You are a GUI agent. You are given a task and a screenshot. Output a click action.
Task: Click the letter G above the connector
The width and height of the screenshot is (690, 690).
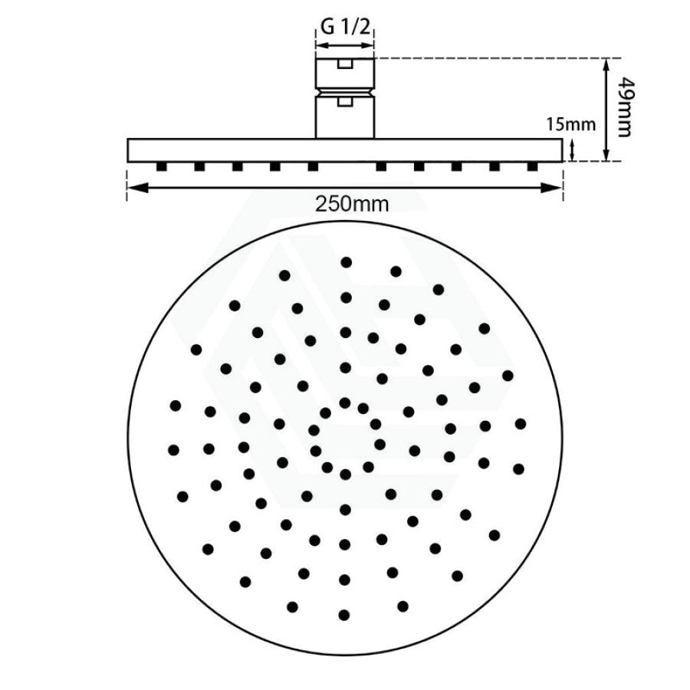click(327, 28)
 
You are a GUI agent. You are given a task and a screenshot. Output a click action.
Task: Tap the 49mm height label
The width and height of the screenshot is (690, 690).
click(624, 107)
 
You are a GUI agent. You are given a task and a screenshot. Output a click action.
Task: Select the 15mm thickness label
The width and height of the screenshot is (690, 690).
click(571, 124)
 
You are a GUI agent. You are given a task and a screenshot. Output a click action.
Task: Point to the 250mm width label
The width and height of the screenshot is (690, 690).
click(352, 204)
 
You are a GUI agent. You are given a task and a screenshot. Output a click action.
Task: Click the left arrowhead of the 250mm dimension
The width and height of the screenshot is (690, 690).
click(135, 188)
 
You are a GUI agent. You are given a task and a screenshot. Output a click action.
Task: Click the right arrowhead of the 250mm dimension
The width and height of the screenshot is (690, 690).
click(554, 188)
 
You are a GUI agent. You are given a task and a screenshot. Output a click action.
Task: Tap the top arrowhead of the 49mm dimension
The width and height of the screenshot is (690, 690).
click(606, 65)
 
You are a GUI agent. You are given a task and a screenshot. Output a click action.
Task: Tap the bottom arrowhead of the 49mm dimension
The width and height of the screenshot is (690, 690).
click(606, 154)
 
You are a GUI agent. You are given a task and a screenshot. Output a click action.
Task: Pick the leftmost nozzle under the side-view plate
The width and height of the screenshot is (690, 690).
click(162, 167)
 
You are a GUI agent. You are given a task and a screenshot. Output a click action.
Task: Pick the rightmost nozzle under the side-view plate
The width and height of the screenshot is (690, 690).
click(533, 167)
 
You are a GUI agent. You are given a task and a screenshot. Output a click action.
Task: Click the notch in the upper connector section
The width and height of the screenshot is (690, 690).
click(345, 64)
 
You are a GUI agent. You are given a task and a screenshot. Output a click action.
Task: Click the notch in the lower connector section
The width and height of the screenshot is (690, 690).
click(345, 102)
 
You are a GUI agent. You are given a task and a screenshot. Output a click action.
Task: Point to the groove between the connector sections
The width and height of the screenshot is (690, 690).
click(345, 92)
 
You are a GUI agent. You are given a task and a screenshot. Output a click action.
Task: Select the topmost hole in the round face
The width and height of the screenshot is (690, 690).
click(347, 263)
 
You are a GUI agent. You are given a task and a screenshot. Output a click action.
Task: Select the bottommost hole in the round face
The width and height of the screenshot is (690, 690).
click(344, 615)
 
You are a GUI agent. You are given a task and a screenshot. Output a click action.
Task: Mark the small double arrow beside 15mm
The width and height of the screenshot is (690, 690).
click(572, 150)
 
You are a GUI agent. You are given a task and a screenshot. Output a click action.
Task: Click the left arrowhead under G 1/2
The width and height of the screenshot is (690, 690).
click(321, 45)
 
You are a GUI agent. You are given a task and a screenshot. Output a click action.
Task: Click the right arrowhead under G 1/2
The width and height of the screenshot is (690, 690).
click(368, 45)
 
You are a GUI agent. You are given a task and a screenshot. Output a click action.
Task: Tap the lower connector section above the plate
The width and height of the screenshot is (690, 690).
click(345, 117)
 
